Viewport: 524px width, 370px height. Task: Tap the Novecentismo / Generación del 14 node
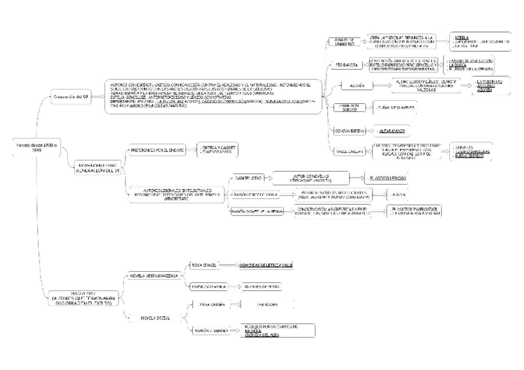point(98,167)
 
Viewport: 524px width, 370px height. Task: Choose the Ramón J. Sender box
point(208,330)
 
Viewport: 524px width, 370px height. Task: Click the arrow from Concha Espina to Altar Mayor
point(369,131)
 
